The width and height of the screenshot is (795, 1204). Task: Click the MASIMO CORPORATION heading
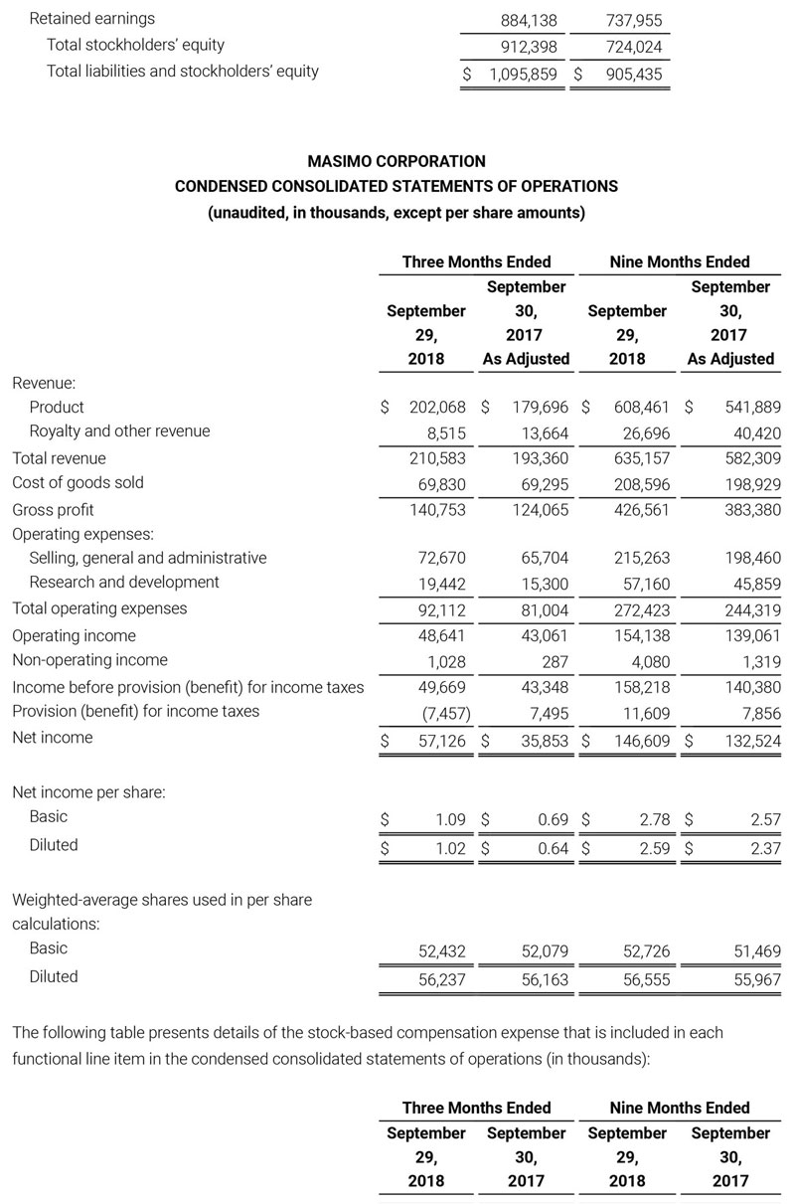click(x=397, y=160)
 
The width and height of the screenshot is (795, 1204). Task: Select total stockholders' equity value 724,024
click(x=633, y=46)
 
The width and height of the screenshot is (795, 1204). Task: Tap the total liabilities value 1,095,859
click(x=523, y=73)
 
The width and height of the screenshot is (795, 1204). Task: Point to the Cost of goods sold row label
click(x=78, y=483)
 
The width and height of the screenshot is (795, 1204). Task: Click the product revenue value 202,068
click(x=437, y=407)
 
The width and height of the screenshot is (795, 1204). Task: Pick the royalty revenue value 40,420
click(x=754, y=432)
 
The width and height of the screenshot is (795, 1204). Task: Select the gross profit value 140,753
click(x=437, y=510)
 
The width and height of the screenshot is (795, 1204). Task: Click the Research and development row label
click(x=124, y=583)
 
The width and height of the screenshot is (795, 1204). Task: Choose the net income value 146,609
click(x=642, y=740)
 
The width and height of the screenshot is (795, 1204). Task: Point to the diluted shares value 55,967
click(x=754, y=979)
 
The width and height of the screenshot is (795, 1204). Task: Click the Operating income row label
click(x=74, y=635)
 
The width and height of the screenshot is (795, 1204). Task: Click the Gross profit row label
click(x=53, y=510)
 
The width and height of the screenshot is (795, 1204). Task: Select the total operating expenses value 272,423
click(x=642, y=609)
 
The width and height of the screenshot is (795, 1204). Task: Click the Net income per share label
click(x=88, y=792)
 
